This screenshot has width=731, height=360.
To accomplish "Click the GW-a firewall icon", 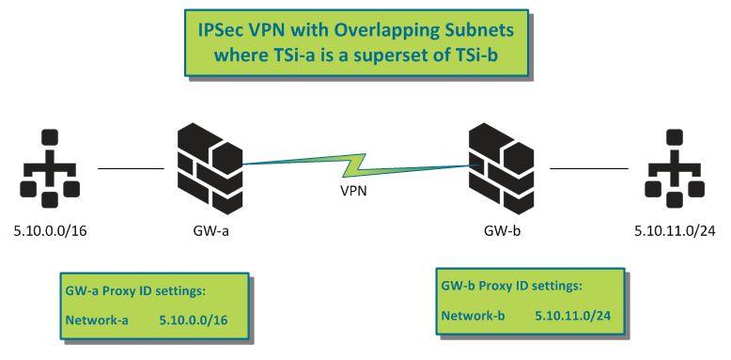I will (210, 168).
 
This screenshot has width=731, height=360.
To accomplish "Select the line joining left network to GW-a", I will (131, 169).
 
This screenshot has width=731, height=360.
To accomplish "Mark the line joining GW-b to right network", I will (588, 169).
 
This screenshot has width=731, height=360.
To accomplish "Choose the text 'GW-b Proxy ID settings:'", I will (510, 285).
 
